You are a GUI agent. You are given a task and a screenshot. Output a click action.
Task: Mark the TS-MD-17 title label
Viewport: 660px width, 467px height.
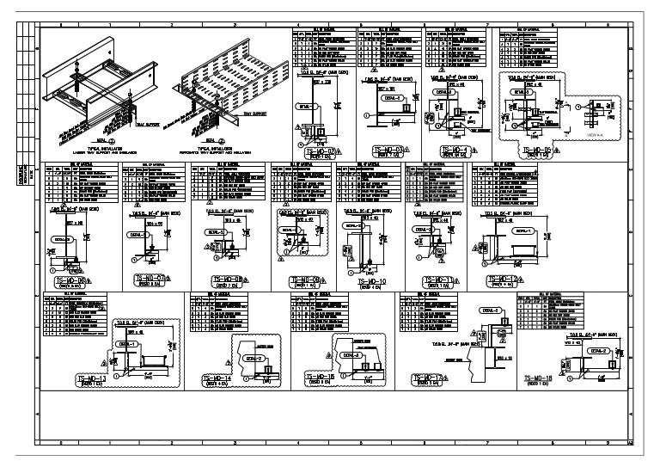pos(430,378)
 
